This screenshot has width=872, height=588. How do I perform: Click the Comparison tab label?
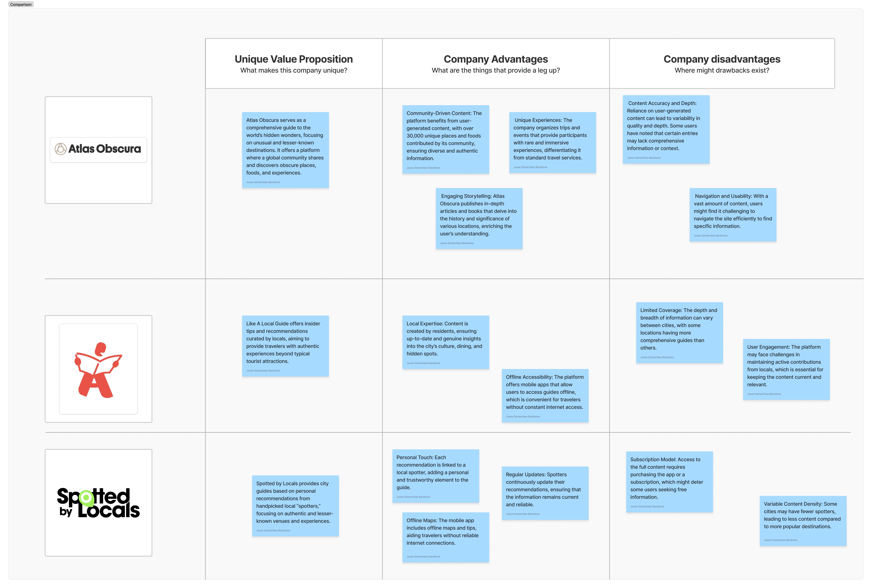(x=21, y=4)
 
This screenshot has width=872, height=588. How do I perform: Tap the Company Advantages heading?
(x=495, y=59)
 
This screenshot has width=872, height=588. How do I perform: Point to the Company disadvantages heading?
(x=722, y=59)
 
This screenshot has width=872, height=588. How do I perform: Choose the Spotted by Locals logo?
(x=98, y=503)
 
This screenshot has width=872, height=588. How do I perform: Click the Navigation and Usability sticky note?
(x=732, y=215)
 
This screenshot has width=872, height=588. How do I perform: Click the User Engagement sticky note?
(x=786, y=369)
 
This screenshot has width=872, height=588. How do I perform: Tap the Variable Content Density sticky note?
(x=803, y=520)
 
